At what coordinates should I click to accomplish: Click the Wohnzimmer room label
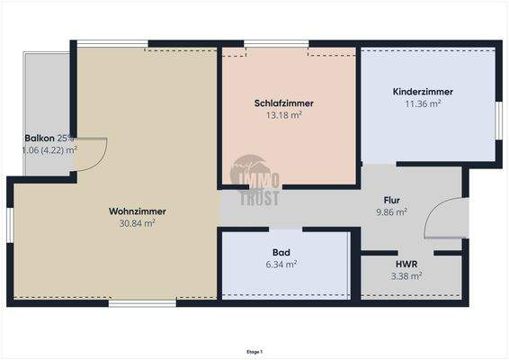[x=138, y=211]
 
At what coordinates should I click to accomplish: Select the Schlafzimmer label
[x=283, y=103]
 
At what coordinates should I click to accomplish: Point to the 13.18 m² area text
[x=283, y=115]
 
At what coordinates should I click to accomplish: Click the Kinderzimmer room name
[x=423, y=92]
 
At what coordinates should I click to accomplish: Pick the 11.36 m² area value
[x=423, y=103]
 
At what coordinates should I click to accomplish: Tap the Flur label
[x=391, y=201]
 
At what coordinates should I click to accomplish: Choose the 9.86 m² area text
[x=391, y=212]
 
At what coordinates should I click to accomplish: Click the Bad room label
[x=281, y=253]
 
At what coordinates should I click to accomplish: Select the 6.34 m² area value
[x=281, y=265]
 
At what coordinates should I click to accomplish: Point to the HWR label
[x=406, y=265]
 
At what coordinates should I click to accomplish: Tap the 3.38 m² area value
[x=406, y=276]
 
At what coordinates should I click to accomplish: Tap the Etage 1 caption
[x=254, y=352]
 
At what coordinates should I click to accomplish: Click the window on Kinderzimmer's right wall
[x=498, y=120]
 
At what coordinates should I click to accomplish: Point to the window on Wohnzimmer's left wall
[x=10, y=224]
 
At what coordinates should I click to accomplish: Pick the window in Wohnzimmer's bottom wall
[x=142, y=303]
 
